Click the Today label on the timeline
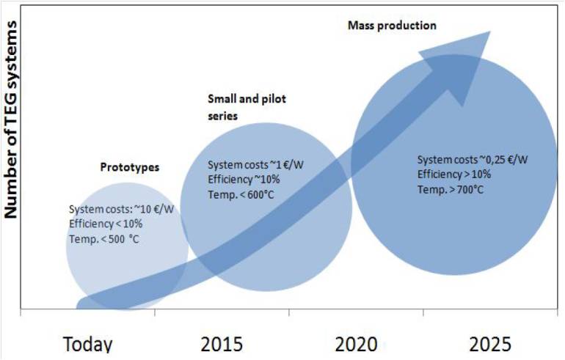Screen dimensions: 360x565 point(88,345)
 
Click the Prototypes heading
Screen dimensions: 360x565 point(129,167)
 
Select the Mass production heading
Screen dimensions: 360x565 point(391,25)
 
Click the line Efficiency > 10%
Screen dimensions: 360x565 point(454,174)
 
